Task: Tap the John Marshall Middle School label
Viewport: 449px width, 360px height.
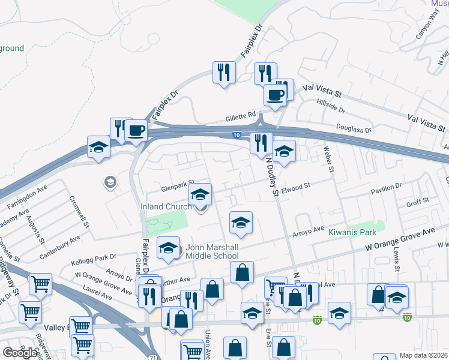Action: tap(212, 251)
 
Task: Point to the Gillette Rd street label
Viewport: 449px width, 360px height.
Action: tap(241, 115)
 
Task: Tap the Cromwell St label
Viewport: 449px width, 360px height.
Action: tap(80, 212)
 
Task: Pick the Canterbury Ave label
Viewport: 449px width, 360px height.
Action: tap(59, 247)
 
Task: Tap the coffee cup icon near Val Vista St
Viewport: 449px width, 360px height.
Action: tap(276, 95)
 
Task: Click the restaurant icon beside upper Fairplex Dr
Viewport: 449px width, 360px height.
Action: tap(224, 73)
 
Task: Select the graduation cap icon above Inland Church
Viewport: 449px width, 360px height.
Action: tap(200, 194)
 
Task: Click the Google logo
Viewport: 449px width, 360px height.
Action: tap(20, 353)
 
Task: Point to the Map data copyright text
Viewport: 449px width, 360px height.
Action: tap(424, 355)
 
